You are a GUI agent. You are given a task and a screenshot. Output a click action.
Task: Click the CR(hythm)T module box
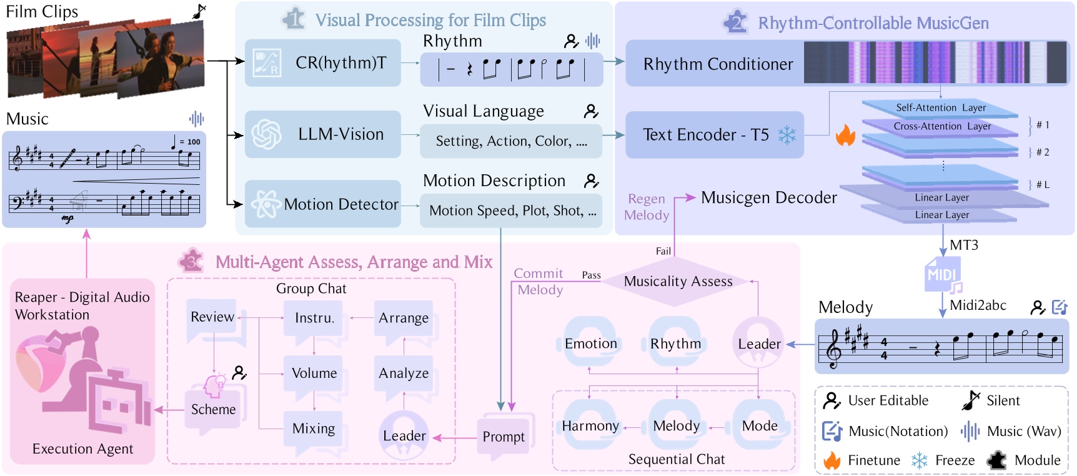click(x=323, y=63)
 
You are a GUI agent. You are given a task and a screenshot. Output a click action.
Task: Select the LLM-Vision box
click(x=323, y=134)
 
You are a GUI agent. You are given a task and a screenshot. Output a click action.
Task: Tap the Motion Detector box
click(x=323, y=204)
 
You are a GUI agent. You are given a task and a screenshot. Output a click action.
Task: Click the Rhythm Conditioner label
click(x=718, y=64)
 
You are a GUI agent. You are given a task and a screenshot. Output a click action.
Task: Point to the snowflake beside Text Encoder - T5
click(x=787, y=135)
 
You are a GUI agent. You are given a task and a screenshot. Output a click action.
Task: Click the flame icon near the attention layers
click(x=845, y=135)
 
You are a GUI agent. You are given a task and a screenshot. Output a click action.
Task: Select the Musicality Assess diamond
click(x=678, y=282)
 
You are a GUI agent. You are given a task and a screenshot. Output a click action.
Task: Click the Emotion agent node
click(x=590, y=344)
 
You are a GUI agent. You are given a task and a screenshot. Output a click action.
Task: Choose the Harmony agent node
click(x=590, y=426)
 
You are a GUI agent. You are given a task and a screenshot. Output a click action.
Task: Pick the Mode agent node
click(x=759, y=426)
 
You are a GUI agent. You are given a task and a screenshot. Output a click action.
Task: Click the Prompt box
click(x=504, y=437)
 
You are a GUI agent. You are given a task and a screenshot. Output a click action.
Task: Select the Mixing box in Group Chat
click(x=314, y=429)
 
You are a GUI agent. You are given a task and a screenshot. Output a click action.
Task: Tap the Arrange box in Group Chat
click(x=404, y=318)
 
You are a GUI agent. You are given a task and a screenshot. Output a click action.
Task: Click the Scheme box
click(x=213, y=409)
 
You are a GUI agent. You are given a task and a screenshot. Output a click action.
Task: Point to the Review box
click(x=212, y=317)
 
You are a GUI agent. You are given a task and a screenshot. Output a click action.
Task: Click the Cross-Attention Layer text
click(x=942, y=126)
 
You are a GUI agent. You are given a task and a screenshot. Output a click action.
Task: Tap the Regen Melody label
click(x=647, y=207)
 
